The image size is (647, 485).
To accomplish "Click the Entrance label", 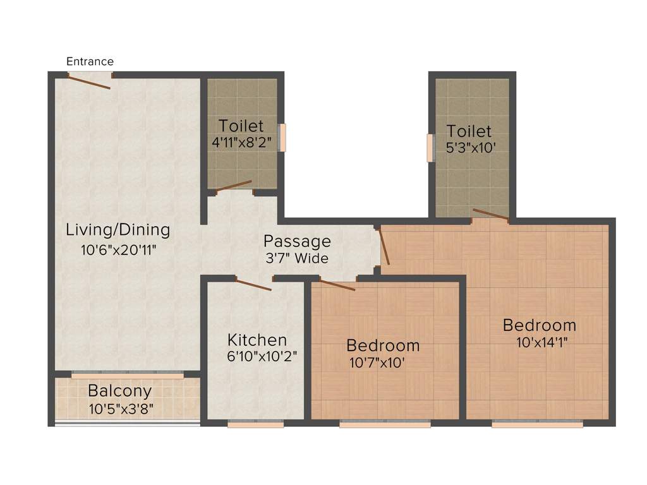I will pos(90,61).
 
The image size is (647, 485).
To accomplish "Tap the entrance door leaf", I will pos(90,81).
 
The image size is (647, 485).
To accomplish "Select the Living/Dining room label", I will pos(118,229).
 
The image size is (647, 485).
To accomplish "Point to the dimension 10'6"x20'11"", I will pos(118,249).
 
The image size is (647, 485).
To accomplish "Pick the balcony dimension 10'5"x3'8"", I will pos(121,409).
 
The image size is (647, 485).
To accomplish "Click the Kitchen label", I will pos(257,340).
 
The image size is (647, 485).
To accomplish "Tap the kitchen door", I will pos(253,284).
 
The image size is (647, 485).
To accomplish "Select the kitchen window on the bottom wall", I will pos(256,425).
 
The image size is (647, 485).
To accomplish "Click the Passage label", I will pos(297,241).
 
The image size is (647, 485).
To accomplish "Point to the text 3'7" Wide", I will pos(296,258).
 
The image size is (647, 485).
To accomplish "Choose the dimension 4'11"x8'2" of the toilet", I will pos(241,142).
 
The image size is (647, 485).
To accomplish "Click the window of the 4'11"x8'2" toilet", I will pos(283,138).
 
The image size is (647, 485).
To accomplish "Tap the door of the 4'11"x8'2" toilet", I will pos(234,185).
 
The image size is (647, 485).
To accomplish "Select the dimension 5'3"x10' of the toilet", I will pos(469,150).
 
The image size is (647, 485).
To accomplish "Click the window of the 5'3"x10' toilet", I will pos(431,148).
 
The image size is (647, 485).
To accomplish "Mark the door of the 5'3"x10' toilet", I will pos(491,214).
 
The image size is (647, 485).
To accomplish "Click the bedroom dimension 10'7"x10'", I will pos(377,363).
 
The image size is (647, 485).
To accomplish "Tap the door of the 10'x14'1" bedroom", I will pos(384,246).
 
